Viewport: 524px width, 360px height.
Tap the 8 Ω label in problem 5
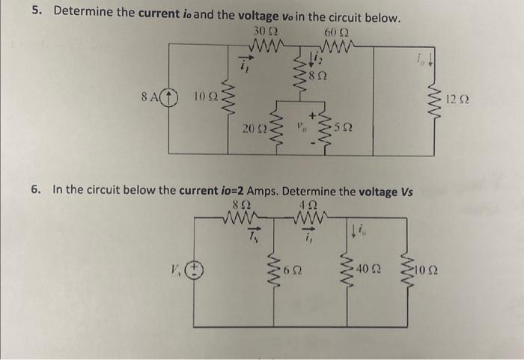[x=323, y=76]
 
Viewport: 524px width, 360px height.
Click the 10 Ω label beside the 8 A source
[x=202, y=98]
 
